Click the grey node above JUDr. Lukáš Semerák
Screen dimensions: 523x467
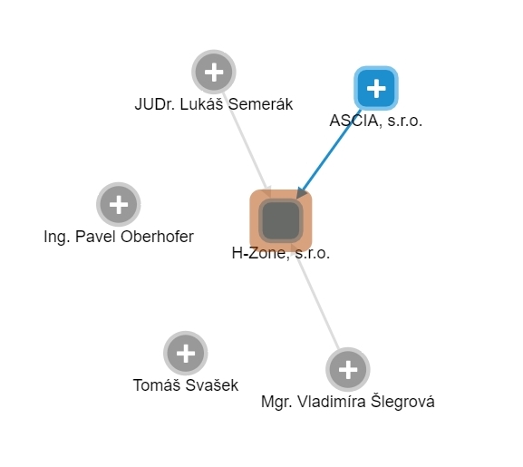tap(214, 72)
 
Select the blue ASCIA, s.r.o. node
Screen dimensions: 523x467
tap(376, 88)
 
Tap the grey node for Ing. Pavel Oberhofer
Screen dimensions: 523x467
tap(119, 204)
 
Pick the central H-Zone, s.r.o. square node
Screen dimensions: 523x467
tap(281, 220)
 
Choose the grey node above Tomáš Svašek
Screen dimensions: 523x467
tap(186, 353)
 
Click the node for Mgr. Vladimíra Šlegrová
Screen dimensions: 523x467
tap(348, 370)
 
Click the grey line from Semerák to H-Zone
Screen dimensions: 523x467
tap(247, 141)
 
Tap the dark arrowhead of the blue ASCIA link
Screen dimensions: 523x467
tap(302, 193)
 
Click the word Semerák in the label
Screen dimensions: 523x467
tap(260, 104)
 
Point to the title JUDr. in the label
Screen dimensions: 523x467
tap(156, 104)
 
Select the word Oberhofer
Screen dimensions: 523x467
tap(157, 237)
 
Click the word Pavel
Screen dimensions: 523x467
tap(96, 237)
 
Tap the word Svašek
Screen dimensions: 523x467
tap(211, 385)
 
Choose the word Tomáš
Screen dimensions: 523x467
tap(158, 385)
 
